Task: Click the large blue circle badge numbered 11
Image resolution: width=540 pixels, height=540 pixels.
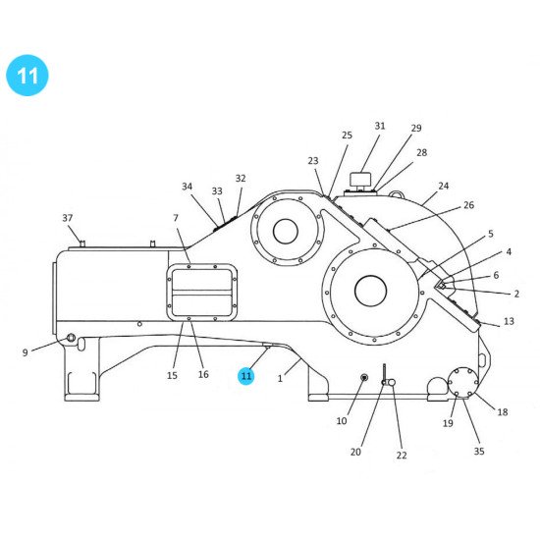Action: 27,77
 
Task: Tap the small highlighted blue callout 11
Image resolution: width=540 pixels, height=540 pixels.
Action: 246,375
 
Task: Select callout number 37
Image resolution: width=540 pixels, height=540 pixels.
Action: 68,218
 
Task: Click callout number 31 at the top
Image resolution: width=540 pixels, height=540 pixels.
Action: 380,127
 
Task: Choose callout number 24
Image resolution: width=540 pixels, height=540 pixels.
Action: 443,186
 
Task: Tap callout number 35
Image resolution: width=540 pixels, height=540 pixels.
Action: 479,452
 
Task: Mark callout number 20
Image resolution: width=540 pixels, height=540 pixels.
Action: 356,452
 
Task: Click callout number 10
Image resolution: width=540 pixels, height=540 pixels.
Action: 342,421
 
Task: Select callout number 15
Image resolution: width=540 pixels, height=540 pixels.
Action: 172,375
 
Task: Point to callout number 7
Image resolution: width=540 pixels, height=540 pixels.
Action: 176,218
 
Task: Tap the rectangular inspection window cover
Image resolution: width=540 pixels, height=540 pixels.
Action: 201,292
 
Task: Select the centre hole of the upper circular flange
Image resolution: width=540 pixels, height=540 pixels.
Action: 286,232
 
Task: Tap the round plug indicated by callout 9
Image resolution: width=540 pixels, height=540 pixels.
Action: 71,339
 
